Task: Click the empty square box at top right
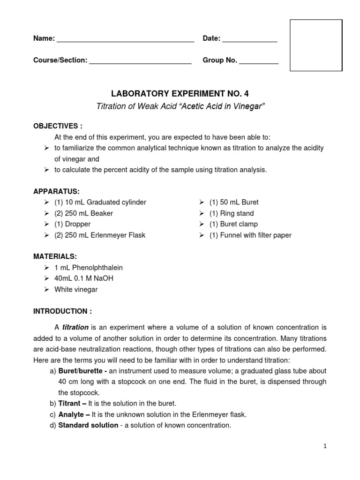coord(316,45)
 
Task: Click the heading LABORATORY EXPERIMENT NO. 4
coord(180,94)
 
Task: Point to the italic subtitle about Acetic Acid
coord(180,106)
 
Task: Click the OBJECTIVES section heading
coord(58,126)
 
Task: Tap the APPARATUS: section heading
coord(56,191)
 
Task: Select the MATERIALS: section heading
coord(55,256)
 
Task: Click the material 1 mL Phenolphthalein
coord(88,268)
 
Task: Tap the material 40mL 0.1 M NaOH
coord(83,278)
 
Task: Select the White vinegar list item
coord(76,290)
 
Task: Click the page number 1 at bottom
coord(324,446)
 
